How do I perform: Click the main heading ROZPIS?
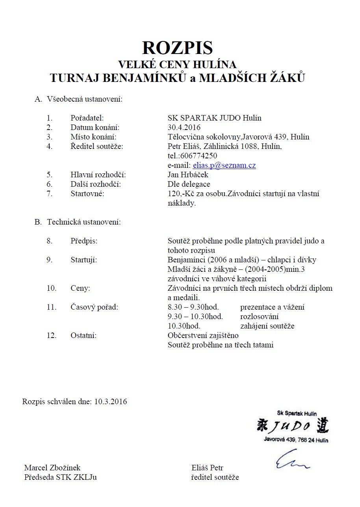177,48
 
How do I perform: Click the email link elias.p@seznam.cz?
224,165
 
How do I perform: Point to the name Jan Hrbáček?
188,175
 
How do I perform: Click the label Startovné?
87,194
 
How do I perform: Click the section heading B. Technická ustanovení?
78,222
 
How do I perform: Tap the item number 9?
49,260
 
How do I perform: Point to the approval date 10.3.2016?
111,402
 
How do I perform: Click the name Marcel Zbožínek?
52,468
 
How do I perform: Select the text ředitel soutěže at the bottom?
215,477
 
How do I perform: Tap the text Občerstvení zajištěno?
203,336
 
